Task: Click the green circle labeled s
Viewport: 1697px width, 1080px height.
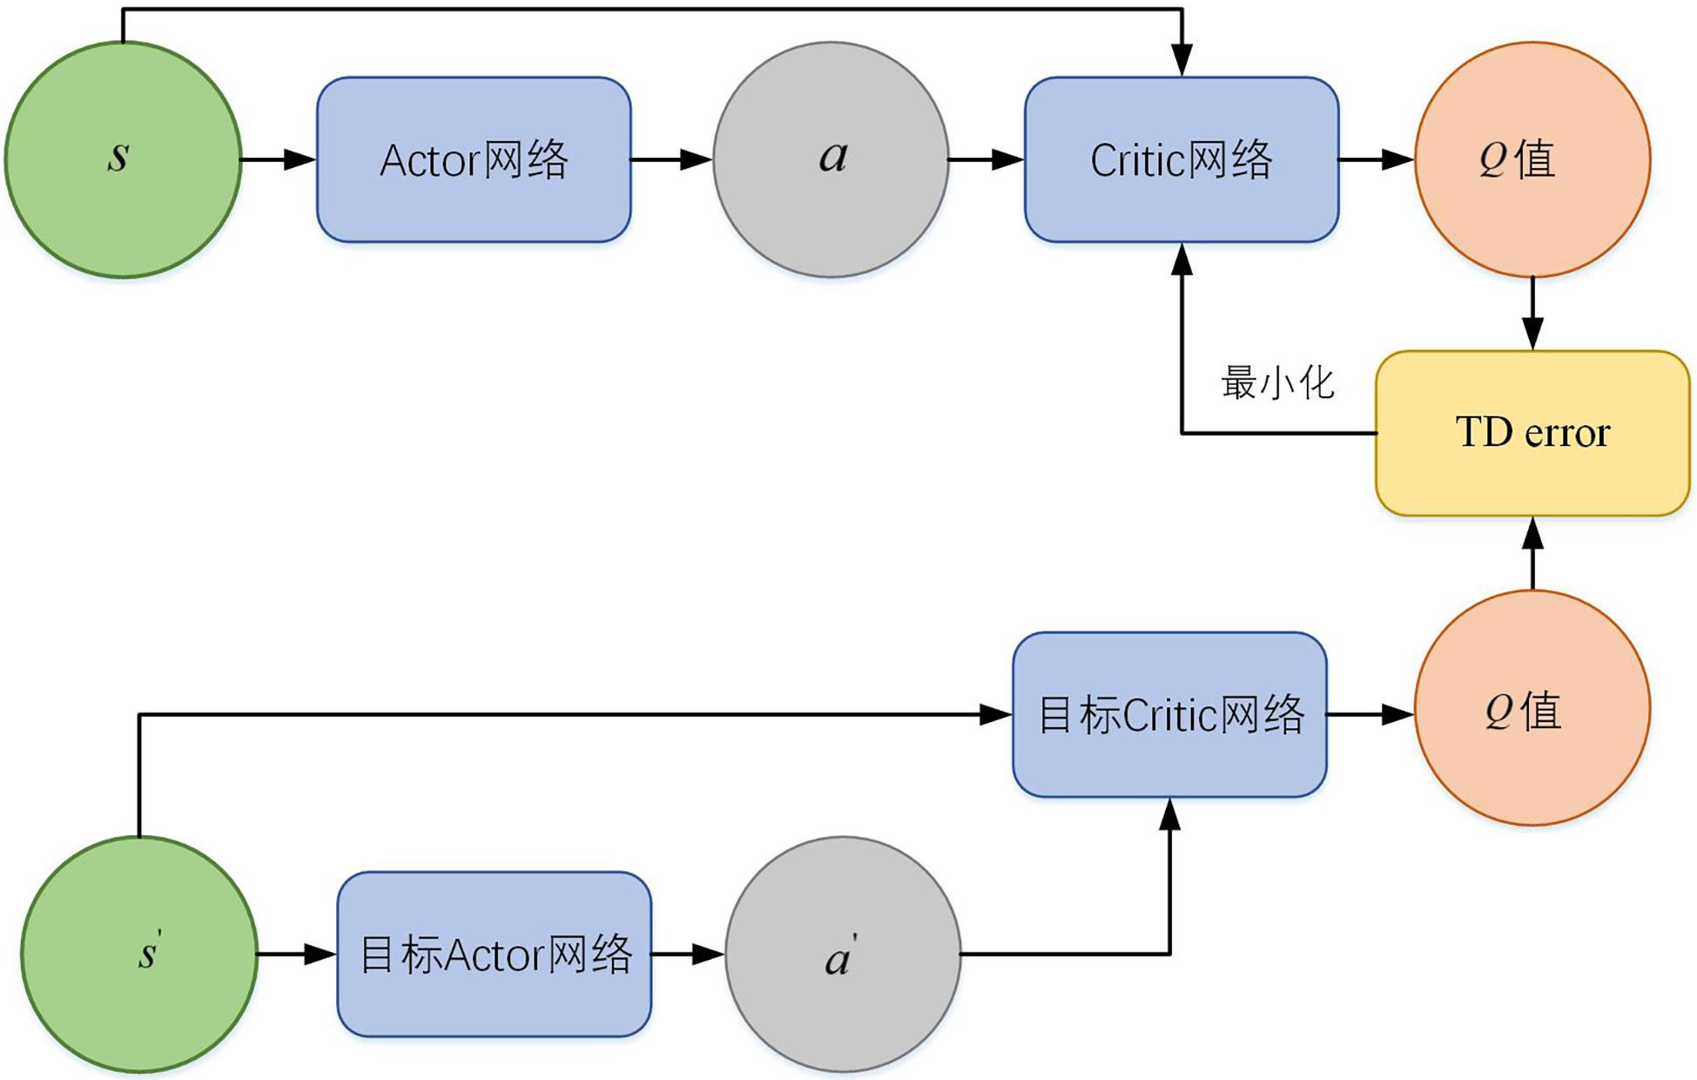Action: point(123,159)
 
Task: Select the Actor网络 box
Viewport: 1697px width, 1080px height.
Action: point(474,159)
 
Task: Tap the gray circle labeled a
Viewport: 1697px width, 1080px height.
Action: point(831,159)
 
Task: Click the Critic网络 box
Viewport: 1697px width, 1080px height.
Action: point(1182,159)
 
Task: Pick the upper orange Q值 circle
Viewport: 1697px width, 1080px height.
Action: point(1532,159)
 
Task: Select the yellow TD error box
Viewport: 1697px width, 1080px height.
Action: point(1532,433)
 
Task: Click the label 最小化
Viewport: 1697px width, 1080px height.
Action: point(1276,382)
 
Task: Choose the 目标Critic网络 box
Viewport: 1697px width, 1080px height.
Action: point(1169,714)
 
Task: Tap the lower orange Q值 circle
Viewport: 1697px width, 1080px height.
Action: point(1532,708)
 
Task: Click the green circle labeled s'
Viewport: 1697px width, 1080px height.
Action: point(139,954)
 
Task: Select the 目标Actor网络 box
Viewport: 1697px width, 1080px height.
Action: point(495,954)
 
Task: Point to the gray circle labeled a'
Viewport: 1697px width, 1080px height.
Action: point(843,954)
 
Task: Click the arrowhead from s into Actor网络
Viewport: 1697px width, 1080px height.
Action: point(300,159)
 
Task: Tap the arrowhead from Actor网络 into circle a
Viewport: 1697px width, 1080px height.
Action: point(697,159)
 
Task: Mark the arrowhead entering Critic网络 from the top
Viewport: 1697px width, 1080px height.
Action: point(1182,61)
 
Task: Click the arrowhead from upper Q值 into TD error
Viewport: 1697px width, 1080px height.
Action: point(1532,334)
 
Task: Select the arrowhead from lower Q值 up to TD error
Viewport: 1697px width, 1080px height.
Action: point(1532,533)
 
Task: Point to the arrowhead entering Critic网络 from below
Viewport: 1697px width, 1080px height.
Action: point(1182,260)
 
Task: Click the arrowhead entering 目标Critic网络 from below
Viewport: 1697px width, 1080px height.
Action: point(1169,814)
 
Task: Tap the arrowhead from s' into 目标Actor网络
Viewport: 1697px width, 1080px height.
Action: point(320,954)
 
